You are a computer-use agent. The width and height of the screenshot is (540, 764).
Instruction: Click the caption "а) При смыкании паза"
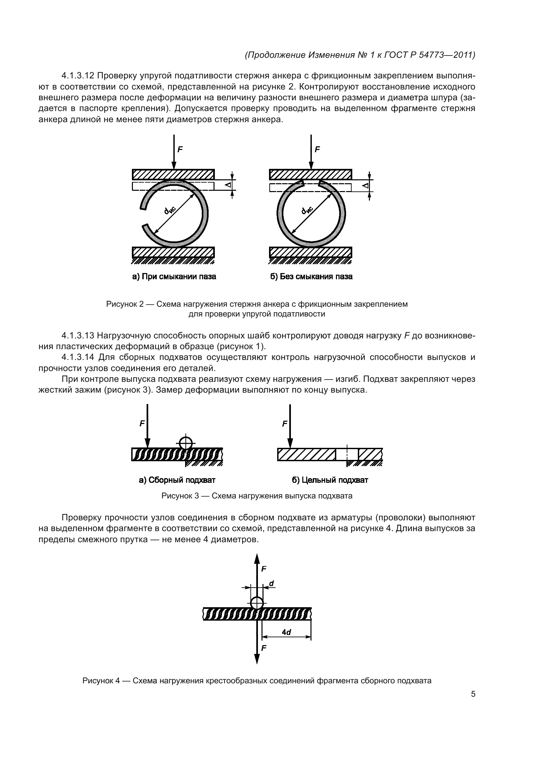[x=174, y=277]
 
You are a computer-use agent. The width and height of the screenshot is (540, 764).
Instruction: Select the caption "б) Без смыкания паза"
[x=311, y=277]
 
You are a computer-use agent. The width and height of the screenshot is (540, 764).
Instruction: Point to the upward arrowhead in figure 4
[x=257, y=559]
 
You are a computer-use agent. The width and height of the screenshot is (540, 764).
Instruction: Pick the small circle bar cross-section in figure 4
[x=257, y=603]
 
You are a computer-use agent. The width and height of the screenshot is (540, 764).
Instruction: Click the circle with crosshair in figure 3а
[x=186, y=443]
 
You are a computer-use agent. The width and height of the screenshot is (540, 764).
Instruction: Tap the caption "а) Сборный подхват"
[x=177, y=480]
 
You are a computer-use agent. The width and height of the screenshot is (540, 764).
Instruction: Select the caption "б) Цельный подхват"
[x=330, y=480]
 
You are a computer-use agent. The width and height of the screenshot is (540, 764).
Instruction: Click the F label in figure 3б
[x=285, y=424]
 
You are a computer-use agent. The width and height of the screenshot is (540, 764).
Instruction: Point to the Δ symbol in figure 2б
[x=365, y=185]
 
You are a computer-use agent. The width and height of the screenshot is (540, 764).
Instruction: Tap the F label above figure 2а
[x=180, y=149]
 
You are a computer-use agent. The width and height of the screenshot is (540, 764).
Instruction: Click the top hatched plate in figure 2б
[x=310, y=174]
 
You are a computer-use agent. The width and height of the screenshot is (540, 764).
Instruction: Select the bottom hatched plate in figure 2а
[x=173, y=252]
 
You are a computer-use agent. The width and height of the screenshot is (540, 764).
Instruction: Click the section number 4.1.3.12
[x=78, y=76]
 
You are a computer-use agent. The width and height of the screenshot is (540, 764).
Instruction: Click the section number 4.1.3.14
[x=78, y=357]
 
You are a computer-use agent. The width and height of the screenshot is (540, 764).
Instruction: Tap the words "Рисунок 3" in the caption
[x=180, y=496]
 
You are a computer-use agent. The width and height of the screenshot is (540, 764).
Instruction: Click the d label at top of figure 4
[x=271, y=584]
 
